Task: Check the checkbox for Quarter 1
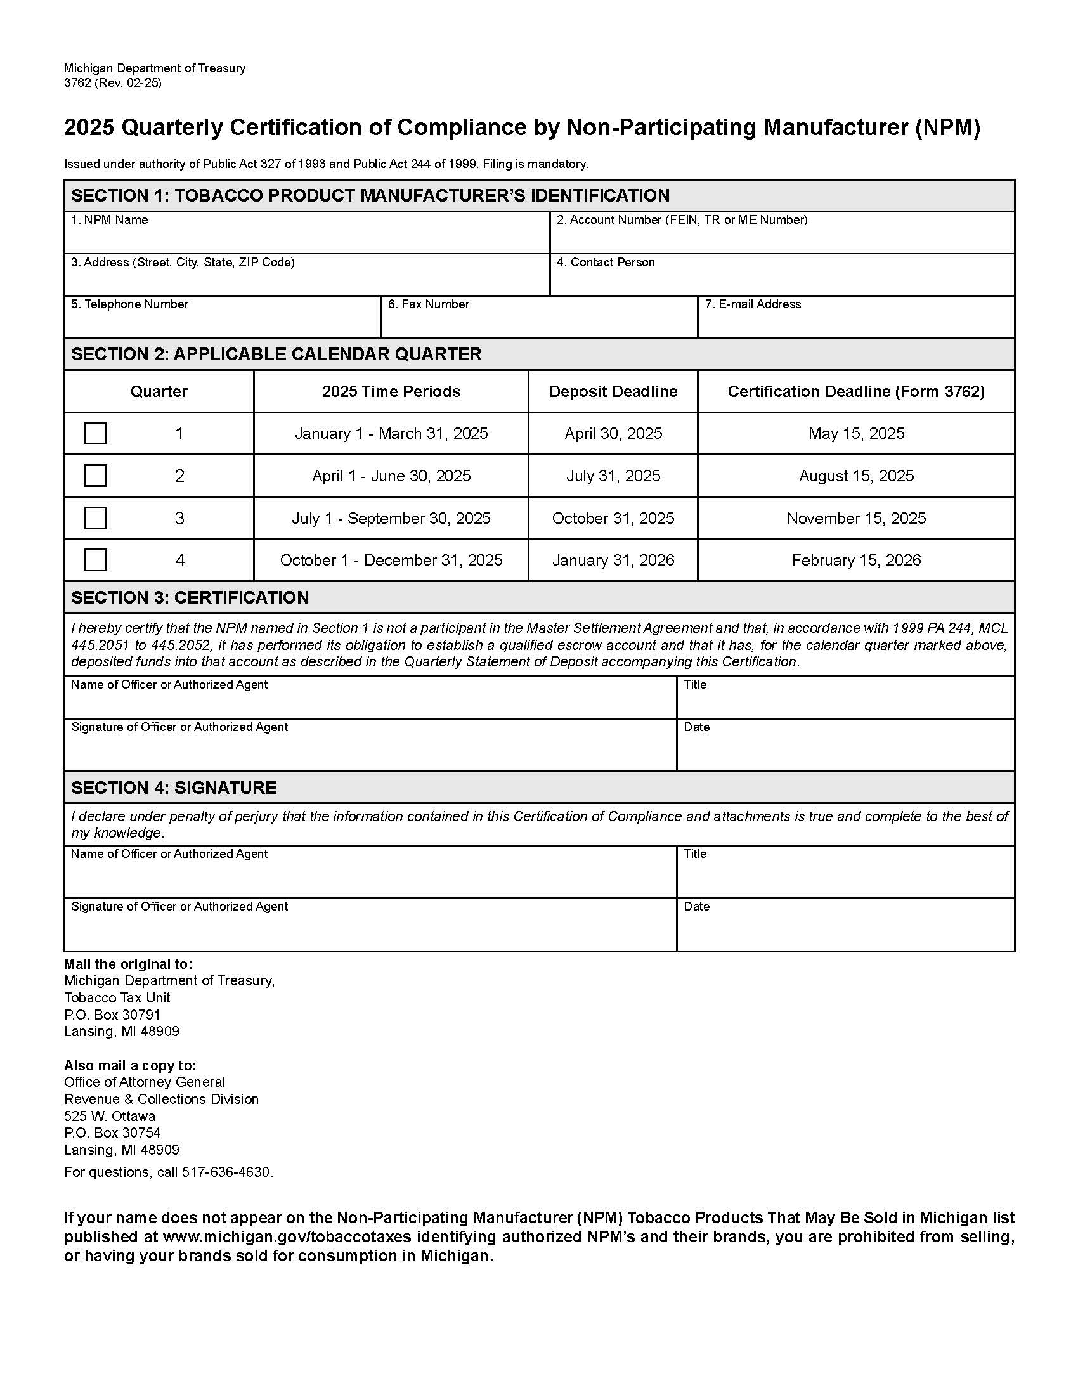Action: pyautogui.click(x=95, y=433)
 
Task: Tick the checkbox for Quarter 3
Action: pyautogui.click(x=95, y=517)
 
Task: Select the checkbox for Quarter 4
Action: pyautogui.click(x=95, y=559)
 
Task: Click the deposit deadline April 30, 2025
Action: pyautogui.click(x=613, y=433)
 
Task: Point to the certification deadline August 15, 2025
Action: pyautogui.click(x=856, y=476)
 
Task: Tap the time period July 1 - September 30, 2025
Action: pyautogui.click(x=391, y=518)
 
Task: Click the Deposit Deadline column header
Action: pyautogui.click(x=613, y=391)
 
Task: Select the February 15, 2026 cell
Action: pyautogui.click(x=856, y=560)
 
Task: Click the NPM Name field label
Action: pyautogui.click(x=109, y=220)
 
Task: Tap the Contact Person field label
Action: pyautogui.click(x=606, y=262)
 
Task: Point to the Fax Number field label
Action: pyautogui.click(x=428, y=304)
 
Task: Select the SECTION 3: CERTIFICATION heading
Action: pyautogui.click(x=190, y=597)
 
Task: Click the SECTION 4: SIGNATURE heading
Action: pyautogui.click(x=174, y=788)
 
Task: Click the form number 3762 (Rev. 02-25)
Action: pyautogui.click(x=112, y=83)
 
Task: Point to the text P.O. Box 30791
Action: pyautogui.click(x=112, y=1015)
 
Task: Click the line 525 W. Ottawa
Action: pyautogui.click(x=110, y=1116)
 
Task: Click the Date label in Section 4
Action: pyautogui.click(x=696, y=906)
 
